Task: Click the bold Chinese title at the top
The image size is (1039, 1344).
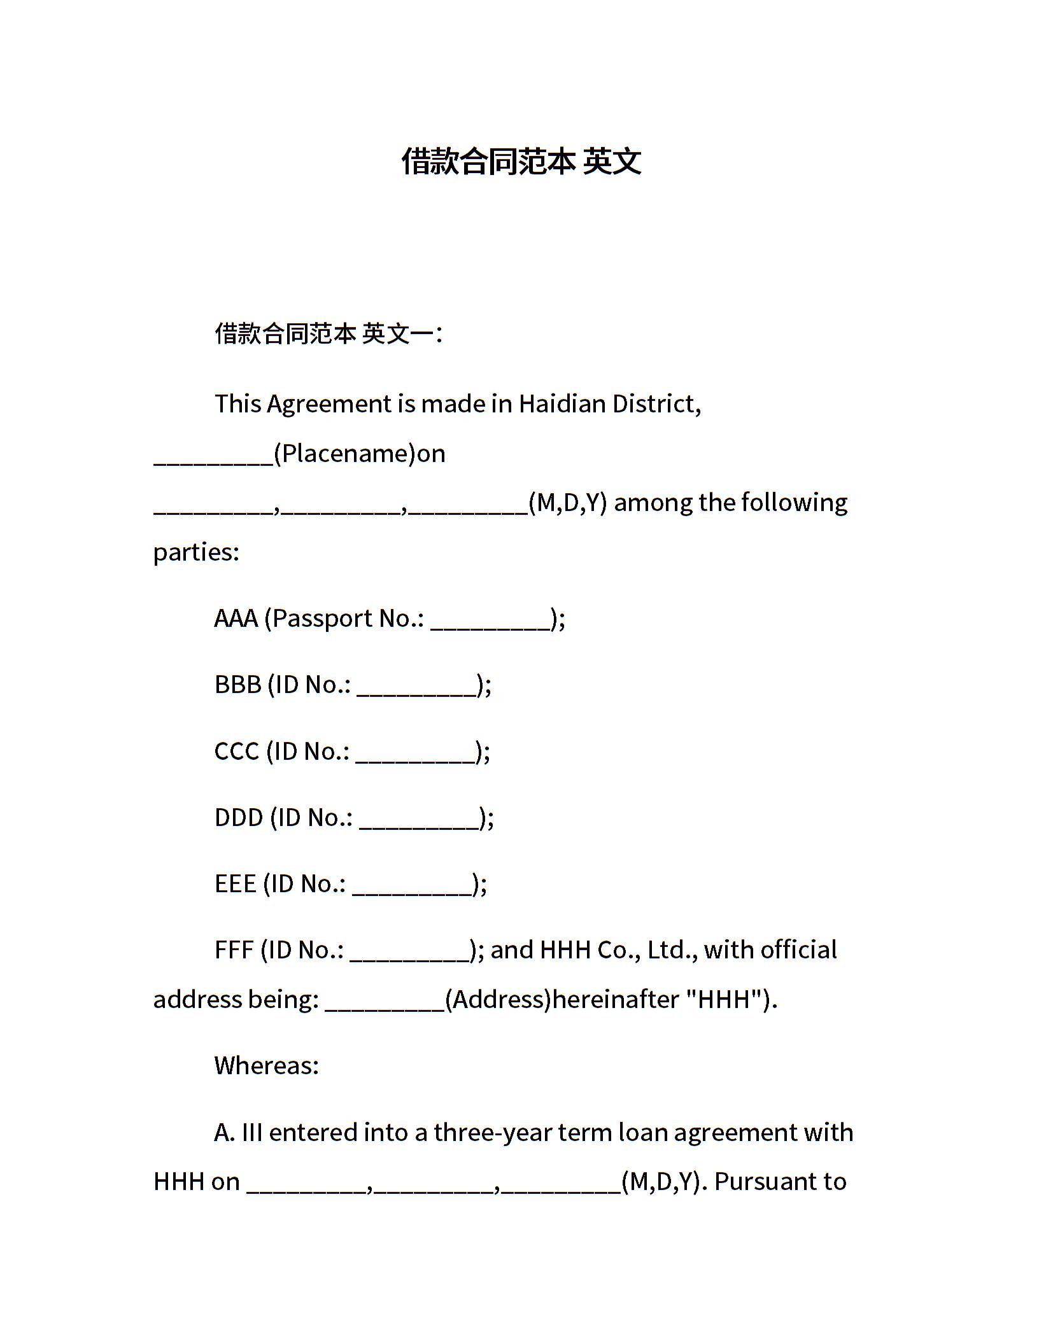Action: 521,161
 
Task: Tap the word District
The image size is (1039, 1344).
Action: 656,404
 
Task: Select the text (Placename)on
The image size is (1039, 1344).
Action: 360,454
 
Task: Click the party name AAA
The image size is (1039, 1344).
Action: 236,619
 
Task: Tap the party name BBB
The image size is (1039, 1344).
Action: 238,685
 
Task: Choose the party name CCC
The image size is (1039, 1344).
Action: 237,752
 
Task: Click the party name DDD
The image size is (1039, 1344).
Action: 239,818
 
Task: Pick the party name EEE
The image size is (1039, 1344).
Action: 235,884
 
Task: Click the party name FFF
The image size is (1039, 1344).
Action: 234,950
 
